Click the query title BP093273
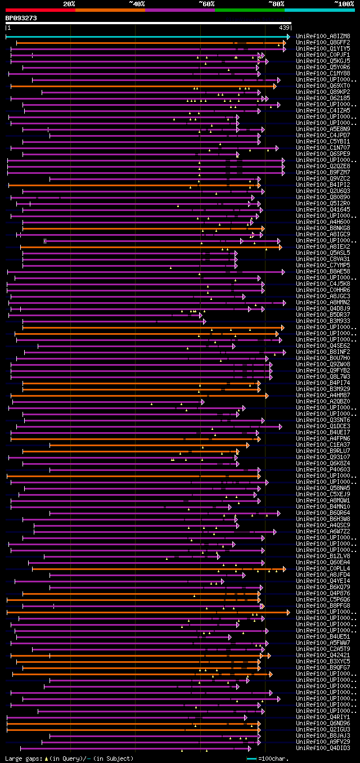pos(21,18)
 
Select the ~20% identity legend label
pos(69,3)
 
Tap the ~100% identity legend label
pos(344,3)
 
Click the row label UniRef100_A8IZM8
pos(323,36)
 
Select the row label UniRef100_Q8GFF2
pos(323,42)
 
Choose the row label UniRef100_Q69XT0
pos(323,86)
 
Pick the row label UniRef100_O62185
pos(323,98)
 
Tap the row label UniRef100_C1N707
pos(323,147)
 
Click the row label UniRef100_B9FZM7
pos(323,172)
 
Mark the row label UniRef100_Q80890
pos(323,197)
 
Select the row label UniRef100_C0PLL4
pos(323,568)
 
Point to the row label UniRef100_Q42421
pos(323,655)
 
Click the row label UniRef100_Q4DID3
pos(323,748)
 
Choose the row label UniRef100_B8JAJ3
pos(323,735)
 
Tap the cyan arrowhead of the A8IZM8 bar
pos(288,37)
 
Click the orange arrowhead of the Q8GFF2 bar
pos(285,43)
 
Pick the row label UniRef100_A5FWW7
pos(323,643)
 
